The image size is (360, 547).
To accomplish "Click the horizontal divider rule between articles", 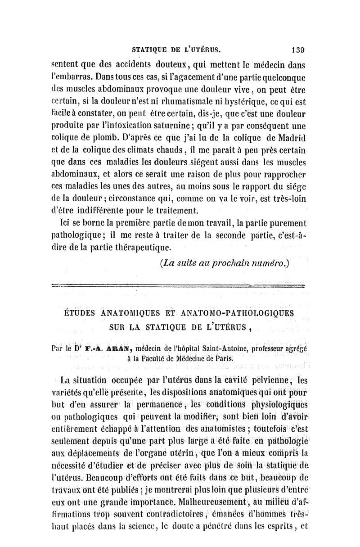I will [x=179, y=285].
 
